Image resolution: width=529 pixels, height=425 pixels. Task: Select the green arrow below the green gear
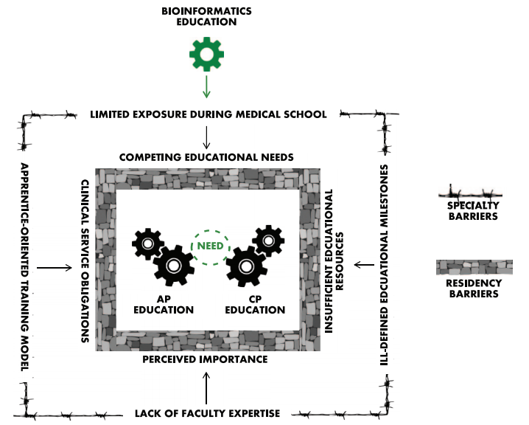point(206,86)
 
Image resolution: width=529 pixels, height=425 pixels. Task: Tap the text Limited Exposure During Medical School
point(208,114)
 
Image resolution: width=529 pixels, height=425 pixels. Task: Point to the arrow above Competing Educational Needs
point(207,137)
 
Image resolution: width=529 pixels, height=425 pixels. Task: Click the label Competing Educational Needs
point(207,157)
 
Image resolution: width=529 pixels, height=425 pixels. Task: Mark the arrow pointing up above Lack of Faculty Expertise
point(206,388)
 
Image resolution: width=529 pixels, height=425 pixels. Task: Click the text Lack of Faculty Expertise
point(206,413)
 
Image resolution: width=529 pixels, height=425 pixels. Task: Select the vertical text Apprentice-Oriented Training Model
point(23,267)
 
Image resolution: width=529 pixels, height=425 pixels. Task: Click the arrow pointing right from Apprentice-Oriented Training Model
point(49,267)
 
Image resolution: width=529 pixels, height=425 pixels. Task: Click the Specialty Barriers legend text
point(474,211)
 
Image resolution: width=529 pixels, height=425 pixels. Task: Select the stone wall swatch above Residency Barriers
point(474,266)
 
